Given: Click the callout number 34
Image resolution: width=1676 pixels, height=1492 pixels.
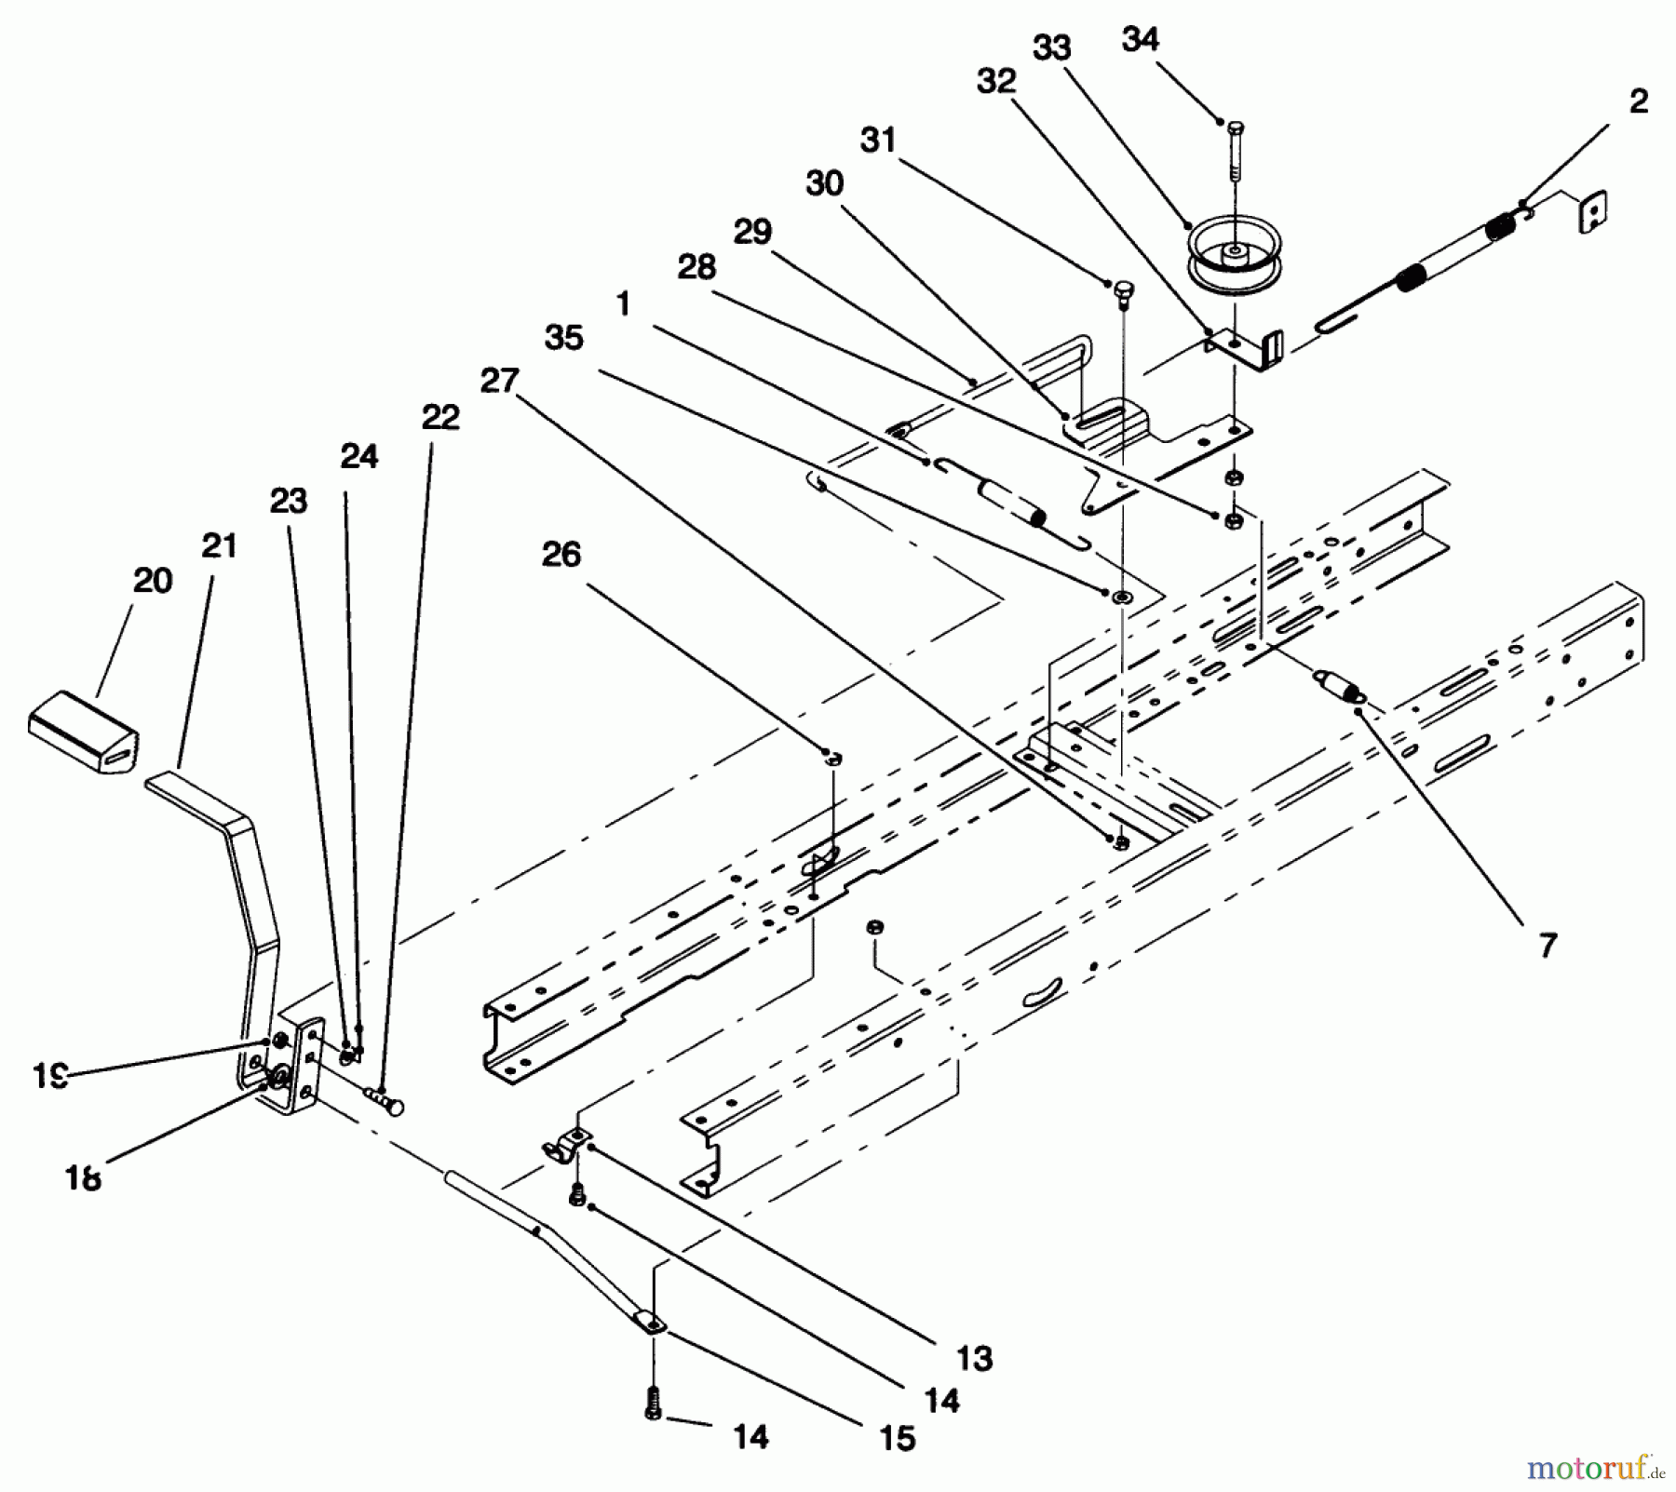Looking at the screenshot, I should (x=1141, y=39).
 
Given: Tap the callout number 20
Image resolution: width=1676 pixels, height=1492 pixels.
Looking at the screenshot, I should (x=153, y=581).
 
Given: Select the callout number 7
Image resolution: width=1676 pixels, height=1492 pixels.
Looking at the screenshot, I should (x=1548, y=946).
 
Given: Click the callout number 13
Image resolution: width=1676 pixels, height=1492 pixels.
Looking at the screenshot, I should (x=974, y=1359).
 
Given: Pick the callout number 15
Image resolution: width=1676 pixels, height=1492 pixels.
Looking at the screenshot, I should (x=898, y=1438).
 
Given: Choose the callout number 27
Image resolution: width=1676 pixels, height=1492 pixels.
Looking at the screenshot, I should (x=499, y=381).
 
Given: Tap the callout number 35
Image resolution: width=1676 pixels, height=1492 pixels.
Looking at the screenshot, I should (x=564, y=338).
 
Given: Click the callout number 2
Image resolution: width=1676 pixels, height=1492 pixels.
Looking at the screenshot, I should (x=1639, y=101).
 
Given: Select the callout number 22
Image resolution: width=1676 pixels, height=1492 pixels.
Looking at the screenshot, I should (x=440, y=417).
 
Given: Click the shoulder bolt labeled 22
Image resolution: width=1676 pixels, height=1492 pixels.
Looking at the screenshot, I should (x=386, y=1102).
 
